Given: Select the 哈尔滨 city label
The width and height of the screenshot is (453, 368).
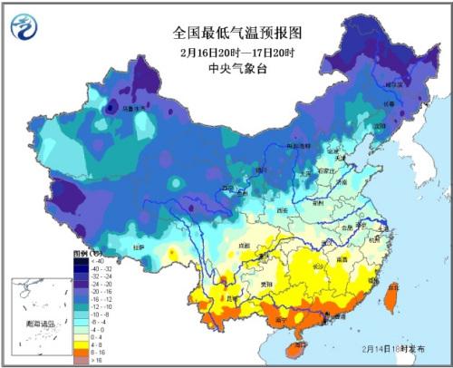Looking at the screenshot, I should (392, 83).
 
